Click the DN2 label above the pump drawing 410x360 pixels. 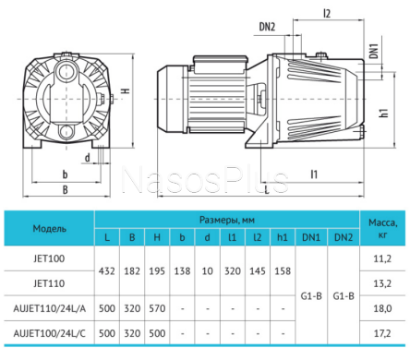pos(267,27)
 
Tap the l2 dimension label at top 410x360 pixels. pos(327,14)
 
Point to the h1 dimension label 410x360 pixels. pos(384,113)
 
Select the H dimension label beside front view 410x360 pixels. pos(126,91)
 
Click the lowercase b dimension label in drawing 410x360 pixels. pos(65,174)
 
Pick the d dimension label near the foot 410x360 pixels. pos(88,158)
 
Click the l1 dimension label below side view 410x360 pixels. pos(314,174)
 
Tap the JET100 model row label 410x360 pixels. pos(49,258)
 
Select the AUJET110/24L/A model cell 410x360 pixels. pos(49,308)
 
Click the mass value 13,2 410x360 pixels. pos(382,283)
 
